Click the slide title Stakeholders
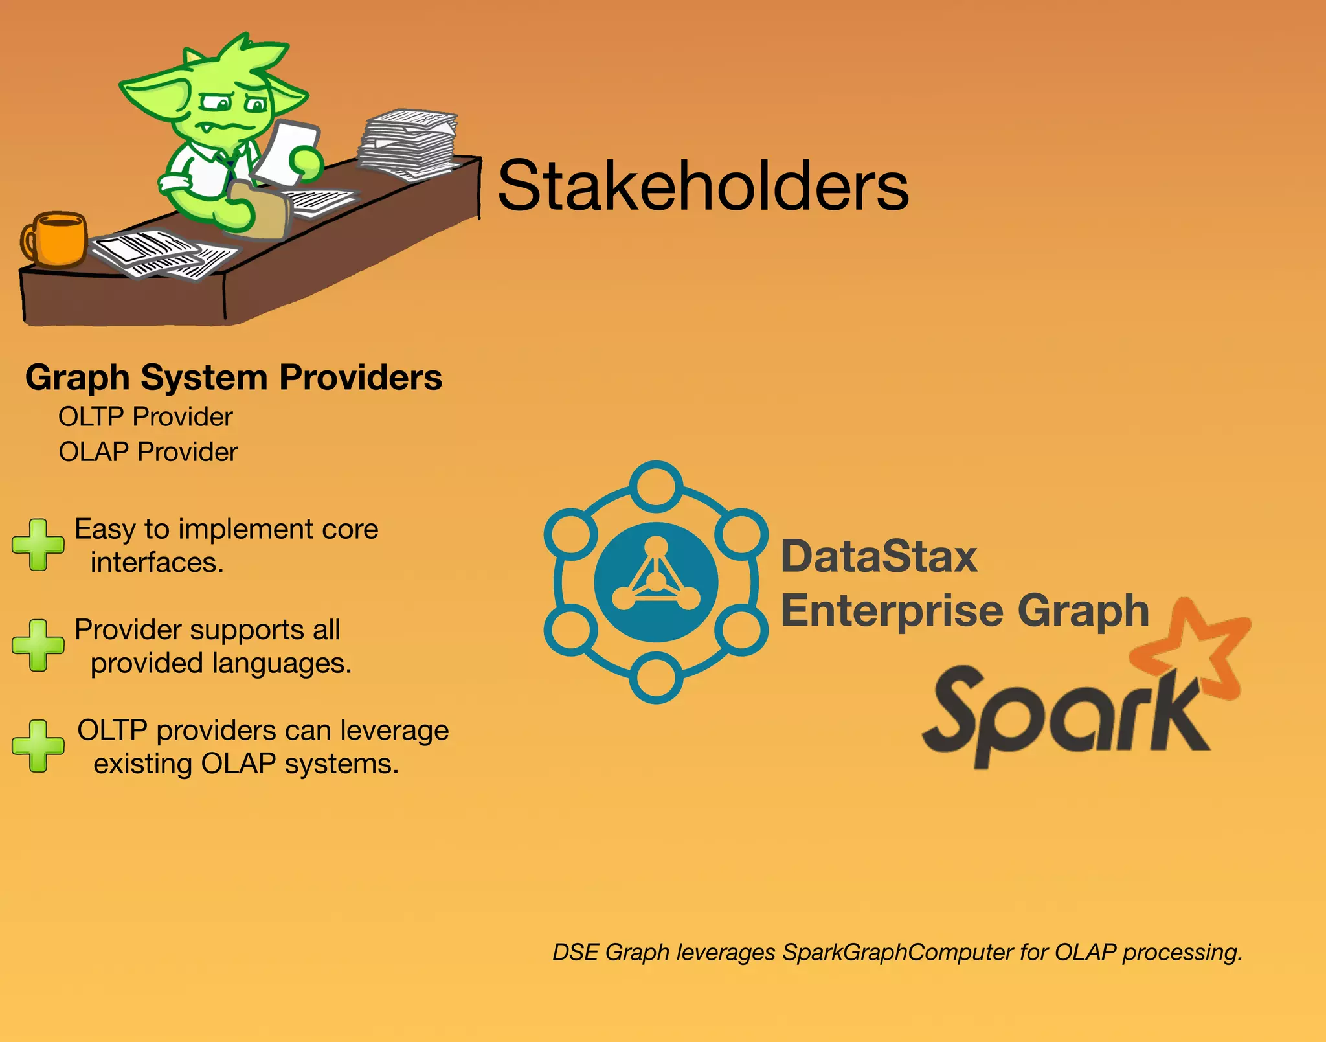pyautogui.click(x=703, y=187)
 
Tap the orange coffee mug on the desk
pyautogui.click(x=57, y=239)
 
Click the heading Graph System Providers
pyautogui.click(x=234, y=378)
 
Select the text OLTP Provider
pyautogui.click(x=146, y=417)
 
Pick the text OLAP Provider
pyautogui.click(x=148, y=452)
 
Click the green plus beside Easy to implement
pyautogui.click(x=38, y=545)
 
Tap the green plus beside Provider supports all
pyautogui.click(x=38, y=645)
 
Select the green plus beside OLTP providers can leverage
pyautogui.click(x=38, y=746)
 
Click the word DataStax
pyautogui.click(x=879, y=557)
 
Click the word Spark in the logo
pyautogui.click(x=1062, y=719)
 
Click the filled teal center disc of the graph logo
pyautogui.click(x=656, y=582)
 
